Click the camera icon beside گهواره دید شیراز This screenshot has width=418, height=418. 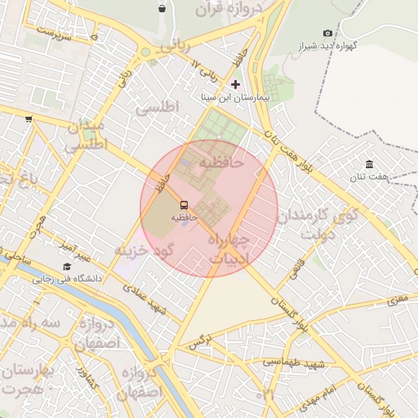coord(327,33)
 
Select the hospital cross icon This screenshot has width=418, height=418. coord(236,84)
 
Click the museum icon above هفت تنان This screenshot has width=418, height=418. coord(370,163)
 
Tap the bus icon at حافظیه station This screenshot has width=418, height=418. coord(183,206)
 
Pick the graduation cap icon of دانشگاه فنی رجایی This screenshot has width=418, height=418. coord(66,266)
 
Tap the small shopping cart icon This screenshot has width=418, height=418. coord(29,119)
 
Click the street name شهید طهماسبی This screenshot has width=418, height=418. coord(294,361)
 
